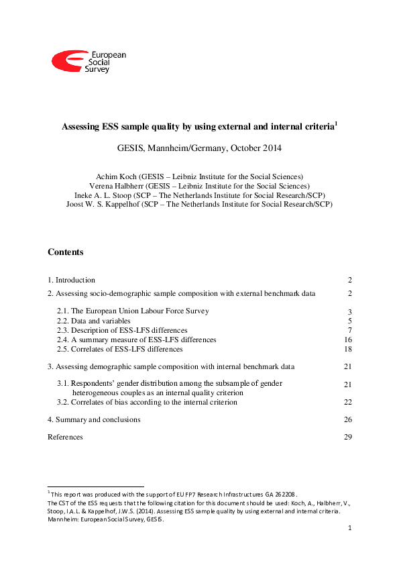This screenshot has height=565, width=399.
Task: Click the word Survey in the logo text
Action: [x=97, y=69]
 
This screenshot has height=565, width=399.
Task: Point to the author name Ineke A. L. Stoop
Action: [x=102, y=195]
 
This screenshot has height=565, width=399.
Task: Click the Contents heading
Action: [x=66, y=252]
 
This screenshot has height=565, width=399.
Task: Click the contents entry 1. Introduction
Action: [x=71, y=280]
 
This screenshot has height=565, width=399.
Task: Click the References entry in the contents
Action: [x=65, y=437]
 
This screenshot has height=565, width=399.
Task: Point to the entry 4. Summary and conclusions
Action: [x=94, y=419]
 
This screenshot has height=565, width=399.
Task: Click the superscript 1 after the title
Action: [x=336, y=123]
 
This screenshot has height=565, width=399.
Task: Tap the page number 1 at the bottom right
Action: [x=350, y=529]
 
